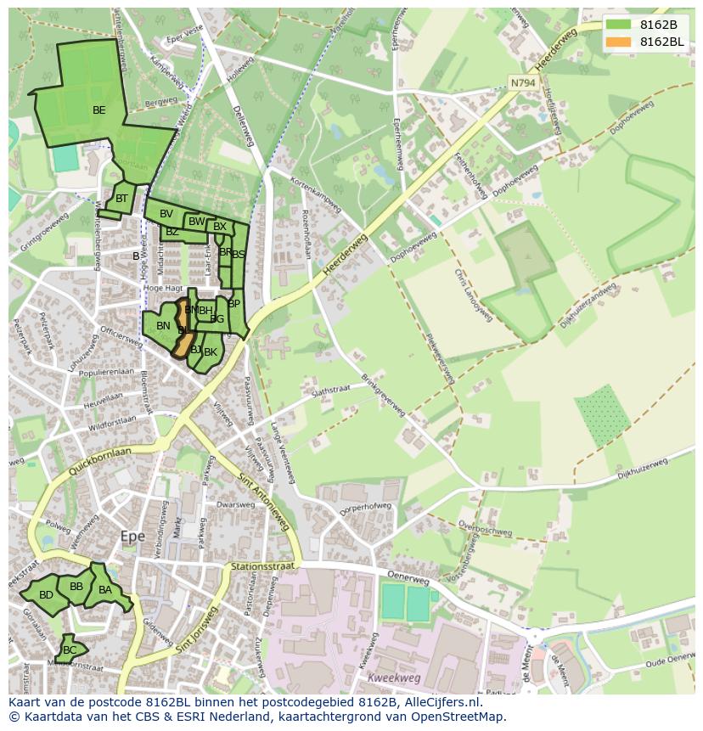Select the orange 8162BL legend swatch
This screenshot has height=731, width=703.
pos(619,42)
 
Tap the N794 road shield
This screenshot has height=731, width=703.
pos(523,82)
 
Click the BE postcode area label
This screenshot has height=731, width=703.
pos(99,110)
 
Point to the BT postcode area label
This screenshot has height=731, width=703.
pos(121,199)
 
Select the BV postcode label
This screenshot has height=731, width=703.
pos(166,214)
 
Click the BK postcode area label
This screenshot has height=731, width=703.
pos(211,351)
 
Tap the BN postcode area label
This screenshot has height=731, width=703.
pos(163,326)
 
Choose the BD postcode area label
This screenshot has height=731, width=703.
pos(46,595)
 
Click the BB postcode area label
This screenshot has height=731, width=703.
pos(76,587)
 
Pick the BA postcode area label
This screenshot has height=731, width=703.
pos(105,590)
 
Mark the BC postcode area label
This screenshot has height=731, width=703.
pos(70,650)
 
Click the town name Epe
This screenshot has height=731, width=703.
pos(132,537)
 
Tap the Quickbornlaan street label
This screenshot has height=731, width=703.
pos(101,463)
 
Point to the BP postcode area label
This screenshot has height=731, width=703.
pos(234,304)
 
